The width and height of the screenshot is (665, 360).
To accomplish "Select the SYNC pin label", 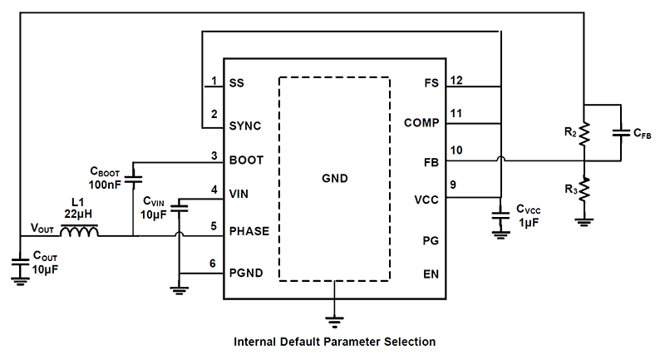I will (244, 126).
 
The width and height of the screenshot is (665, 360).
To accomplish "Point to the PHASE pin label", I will (249, 230).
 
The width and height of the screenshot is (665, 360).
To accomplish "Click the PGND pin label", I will (247, 272).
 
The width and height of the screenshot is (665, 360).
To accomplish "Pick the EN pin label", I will (431, 273).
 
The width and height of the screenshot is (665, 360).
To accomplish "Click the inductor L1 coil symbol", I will (81, 232).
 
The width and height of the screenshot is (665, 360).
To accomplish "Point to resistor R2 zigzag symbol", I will (584, 132).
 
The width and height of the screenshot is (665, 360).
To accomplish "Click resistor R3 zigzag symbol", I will (584, 190).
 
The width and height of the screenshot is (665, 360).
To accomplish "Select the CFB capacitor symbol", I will (621, 132).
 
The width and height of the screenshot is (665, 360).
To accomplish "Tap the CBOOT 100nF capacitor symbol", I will (134, 178).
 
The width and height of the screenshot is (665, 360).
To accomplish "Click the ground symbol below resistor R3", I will (584, 221).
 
